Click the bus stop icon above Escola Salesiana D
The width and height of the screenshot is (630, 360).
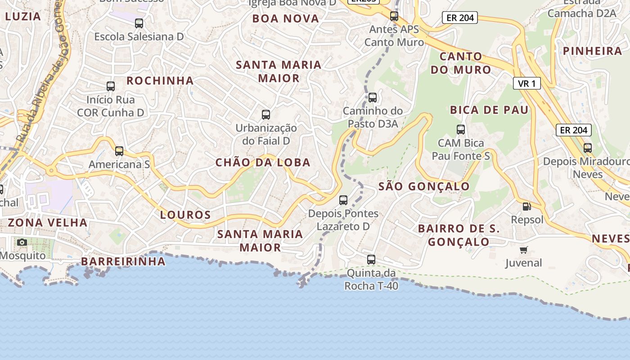[139, 23]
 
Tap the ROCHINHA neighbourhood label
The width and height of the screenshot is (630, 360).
[160, 81]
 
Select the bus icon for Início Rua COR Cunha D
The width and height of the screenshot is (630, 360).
[111, 86]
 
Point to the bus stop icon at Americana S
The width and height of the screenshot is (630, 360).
[119, 151]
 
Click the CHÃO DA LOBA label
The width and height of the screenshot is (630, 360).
[263, 163]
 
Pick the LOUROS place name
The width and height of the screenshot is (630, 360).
[185, 215]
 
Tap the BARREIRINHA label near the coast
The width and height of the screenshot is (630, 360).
[123, 262]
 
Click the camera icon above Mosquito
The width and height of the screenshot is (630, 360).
[22, 243]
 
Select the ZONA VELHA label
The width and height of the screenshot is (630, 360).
[48, 223]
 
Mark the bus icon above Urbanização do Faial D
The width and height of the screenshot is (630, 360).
[266, 115]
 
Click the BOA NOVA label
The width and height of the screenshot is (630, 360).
[286, 19]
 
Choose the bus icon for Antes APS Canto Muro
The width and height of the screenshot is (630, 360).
[394, 17]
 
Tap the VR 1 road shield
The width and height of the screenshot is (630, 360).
[526, 83]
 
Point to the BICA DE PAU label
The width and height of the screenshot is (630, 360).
[489, 110]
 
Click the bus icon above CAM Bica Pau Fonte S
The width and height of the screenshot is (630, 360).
[461, 130]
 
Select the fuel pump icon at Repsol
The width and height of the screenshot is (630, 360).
[526, 207]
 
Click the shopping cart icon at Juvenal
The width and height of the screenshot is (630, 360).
[523, 250]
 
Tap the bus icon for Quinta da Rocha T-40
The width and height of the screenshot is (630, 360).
[371, 260]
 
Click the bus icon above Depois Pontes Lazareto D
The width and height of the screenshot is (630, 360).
[343, 200]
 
